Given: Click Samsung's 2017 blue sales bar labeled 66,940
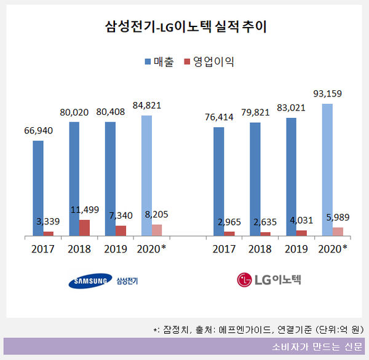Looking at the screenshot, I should pos(38,187).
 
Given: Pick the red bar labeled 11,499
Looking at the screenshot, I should pos(85,227).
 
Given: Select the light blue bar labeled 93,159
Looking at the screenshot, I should pos(327,169).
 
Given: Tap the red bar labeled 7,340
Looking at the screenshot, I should pos(121,230).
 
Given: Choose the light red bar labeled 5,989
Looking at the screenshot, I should pos(338,231).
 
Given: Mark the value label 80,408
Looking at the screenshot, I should pos(110,113).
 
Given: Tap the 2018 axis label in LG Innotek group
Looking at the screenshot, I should pos(260,249).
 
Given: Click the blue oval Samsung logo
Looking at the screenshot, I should pos(90,281).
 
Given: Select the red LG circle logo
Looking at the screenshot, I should pos(245,281).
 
